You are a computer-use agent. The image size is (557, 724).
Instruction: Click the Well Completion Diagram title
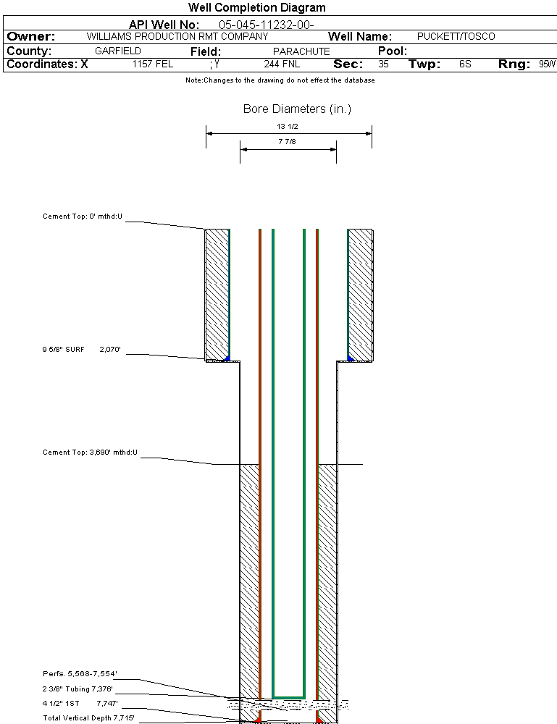coord(257,8)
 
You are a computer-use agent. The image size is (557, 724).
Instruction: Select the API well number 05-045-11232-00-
coord(266,25)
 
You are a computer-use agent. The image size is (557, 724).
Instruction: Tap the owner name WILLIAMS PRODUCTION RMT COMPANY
coord(177,36)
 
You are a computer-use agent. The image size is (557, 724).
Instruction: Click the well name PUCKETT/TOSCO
coord(456,36)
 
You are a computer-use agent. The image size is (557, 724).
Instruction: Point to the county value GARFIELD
coord(118,51)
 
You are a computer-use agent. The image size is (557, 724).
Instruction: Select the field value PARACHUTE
coord(301,51)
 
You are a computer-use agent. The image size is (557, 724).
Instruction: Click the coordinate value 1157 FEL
coord(153,64)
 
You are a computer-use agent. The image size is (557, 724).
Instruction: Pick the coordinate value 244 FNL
coord(282,64)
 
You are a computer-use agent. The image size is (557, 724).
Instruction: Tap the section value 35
coord(384,64)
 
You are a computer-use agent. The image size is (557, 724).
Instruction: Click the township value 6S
coord(465,64)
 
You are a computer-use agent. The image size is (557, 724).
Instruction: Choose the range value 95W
coord(547,64)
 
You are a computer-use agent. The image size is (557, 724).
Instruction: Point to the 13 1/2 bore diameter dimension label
coord(288,126)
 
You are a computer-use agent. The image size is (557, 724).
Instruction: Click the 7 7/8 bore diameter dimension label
coord(288,143)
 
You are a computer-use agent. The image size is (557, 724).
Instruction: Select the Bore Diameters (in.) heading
coord(297,109)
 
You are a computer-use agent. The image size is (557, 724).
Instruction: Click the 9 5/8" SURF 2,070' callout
coord(81,350)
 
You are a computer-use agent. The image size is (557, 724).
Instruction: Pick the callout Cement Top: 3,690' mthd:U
coord(90,452)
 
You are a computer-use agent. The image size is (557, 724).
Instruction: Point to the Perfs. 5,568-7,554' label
coord(80,674)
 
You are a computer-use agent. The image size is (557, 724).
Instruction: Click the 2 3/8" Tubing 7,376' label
coord(78,689)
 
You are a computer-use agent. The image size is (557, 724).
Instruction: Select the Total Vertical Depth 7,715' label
coord(88,717)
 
